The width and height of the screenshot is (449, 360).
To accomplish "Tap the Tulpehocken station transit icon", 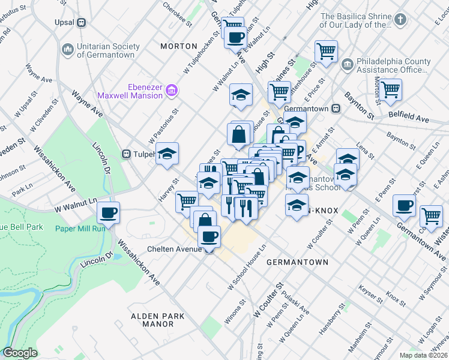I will [x=127, y=153].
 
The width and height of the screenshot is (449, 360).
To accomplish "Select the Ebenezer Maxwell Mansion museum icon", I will [x=172, y=91].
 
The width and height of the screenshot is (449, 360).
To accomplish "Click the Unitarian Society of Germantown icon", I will [x=67, y=47].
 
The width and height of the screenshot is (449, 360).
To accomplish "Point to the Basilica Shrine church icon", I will [x=400, y=19].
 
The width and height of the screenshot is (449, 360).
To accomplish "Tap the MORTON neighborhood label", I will [x=179, y=46].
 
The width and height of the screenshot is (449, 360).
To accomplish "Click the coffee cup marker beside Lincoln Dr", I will [x=109, y=212].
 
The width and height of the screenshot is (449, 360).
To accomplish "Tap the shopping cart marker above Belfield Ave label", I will [x=390, y=89].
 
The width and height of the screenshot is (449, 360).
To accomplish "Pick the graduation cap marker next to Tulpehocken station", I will [x=167, y=153].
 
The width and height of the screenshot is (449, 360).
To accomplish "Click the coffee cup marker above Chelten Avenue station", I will [x=209, y=236].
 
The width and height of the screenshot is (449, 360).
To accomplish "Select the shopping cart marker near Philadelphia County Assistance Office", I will [x=326, y=51].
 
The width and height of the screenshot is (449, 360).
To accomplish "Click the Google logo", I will [x=20, y=353].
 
